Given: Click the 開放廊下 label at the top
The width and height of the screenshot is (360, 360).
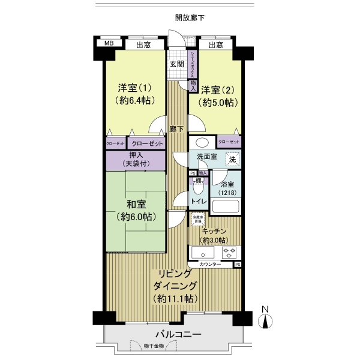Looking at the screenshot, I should coord(190,19).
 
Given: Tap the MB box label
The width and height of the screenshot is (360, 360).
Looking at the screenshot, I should coord(109,44).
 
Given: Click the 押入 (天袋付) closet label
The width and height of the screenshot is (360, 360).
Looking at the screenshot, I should coord(136,159).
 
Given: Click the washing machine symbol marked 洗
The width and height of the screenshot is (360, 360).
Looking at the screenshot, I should coord(232,160).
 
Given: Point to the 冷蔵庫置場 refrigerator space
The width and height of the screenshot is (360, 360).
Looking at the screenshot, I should coord(197,220).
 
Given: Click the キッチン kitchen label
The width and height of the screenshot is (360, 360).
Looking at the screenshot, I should coord(214,231).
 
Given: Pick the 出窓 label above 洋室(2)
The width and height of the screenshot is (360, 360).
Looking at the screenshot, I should coord(217,44).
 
